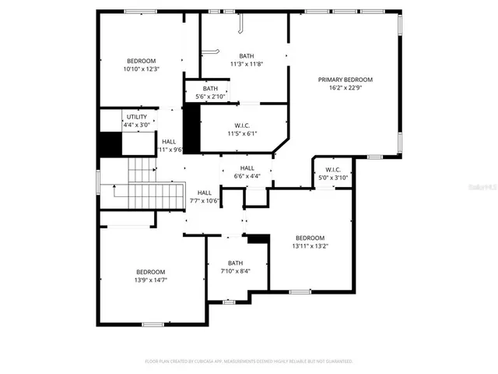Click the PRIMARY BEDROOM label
345,79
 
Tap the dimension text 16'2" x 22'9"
345,89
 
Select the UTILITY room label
137,116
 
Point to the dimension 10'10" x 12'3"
142,69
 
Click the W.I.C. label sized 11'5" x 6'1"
241,125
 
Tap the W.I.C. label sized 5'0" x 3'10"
333,169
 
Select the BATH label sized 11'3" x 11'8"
246,55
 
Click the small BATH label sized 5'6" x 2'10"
211,88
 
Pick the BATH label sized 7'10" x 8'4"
235,263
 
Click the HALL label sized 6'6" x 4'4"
247,168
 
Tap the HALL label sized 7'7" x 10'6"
205,192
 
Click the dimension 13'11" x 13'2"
310,246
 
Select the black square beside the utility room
110,145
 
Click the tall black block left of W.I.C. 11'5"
191,128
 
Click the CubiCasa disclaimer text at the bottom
249,362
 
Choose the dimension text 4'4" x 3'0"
137,125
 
